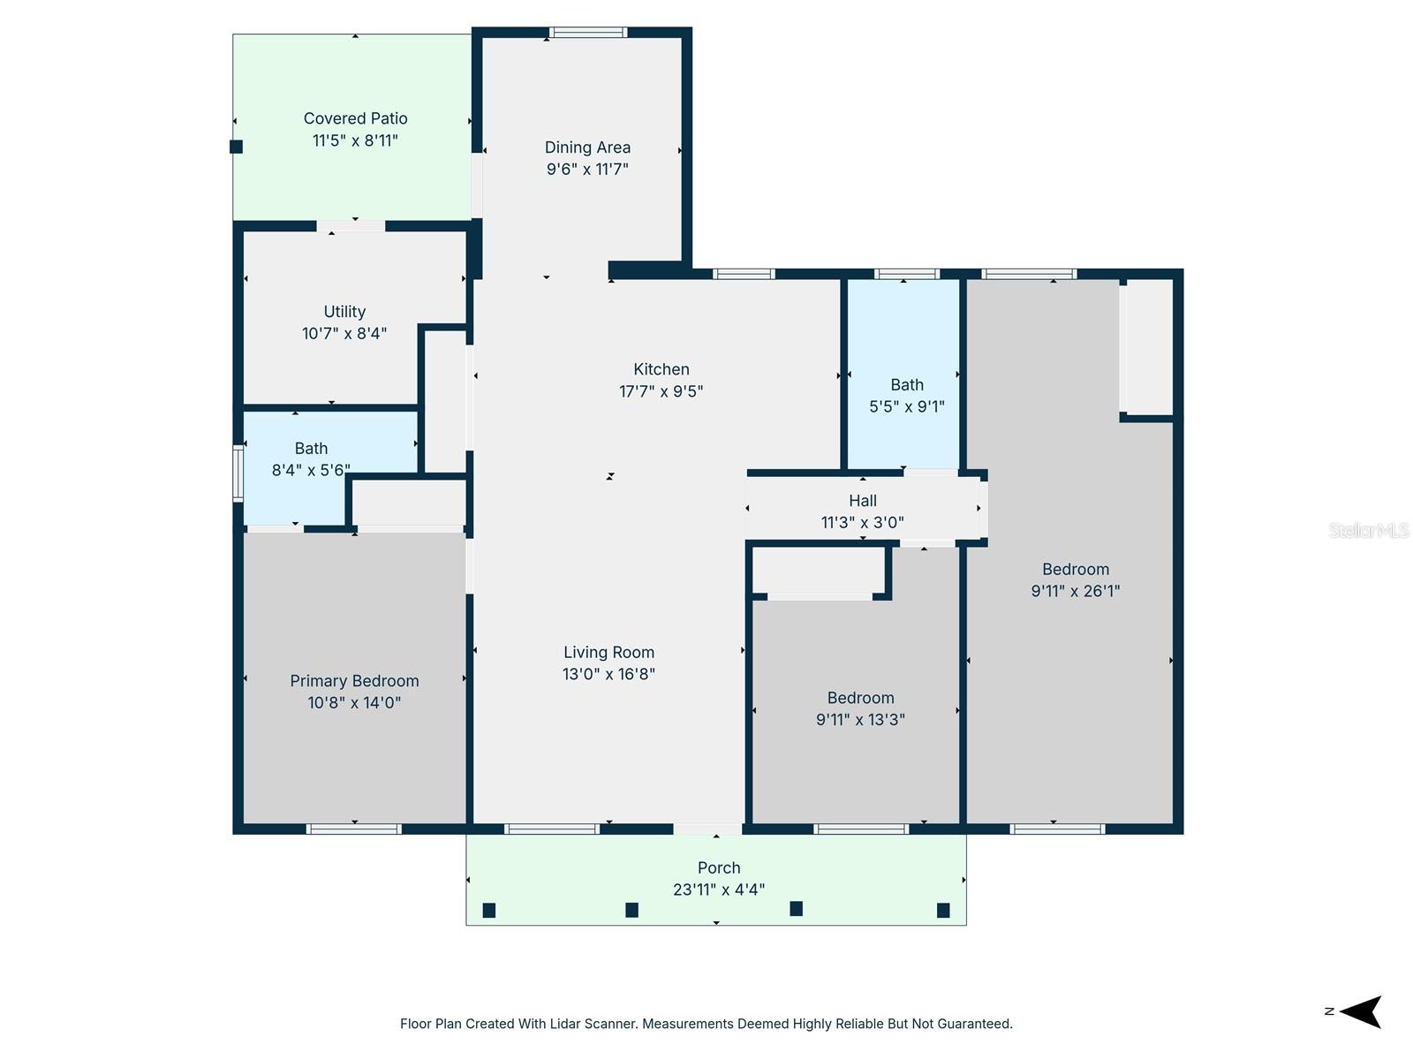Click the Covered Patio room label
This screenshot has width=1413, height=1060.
pyautogui.click(x=355, y=118)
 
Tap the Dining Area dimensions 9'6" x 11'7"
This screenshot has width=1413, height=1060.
pyautogui.click(x=587, y=169)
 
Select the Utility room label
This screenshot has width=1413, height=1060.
pyautogui.click(x=344, y=312)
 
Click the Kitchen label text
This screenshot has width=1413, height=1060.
pyautogui.click(x=661, y=369)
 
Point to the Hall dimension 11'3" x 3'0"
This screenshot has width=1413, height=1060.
pyautogui.click(x=862, y=522)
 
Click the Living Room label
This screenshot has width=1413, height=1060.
pyautogui.click(x=608, y=653)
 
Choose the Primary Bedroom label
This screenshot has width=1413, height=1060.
pyautogui.click(x=354, y=681)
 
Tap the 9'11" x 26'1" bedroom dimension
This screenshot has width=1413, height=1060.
pyautogui.click(x=1075, y=591)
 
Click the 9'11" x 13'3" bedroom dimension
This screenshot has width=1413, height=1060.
pyautogui.click(x=860, y=719)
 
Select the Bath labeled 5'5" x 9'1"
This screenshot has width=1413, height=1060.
pyautogui.click(x=907, y=385)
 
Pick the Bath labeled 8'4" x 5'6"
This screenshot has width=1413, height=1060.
pyautogui.click(x=311, y=449)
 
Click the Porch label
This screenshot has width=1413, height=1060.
pyautogui.click(x=719, y=867)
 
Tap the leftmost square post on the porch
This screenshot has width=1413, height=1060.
pyautogui.click(x=489, y=910)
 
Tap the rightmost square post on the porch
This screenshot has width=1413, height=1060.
pyautogui.click(x=943, y=910)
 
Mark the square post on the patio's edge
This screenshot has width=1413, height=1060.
pyautogui.click(x=236, y=147)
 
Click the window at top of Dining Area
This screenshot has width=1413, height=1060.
pyautogui.click(x=588, y=33)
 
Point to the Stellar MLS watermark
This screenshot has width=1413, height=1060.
pyautogui.click(x=1369, y=530)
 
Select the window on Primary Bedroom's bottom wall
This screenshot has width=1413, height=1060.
pyautogui.click(x=353, y=829)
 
